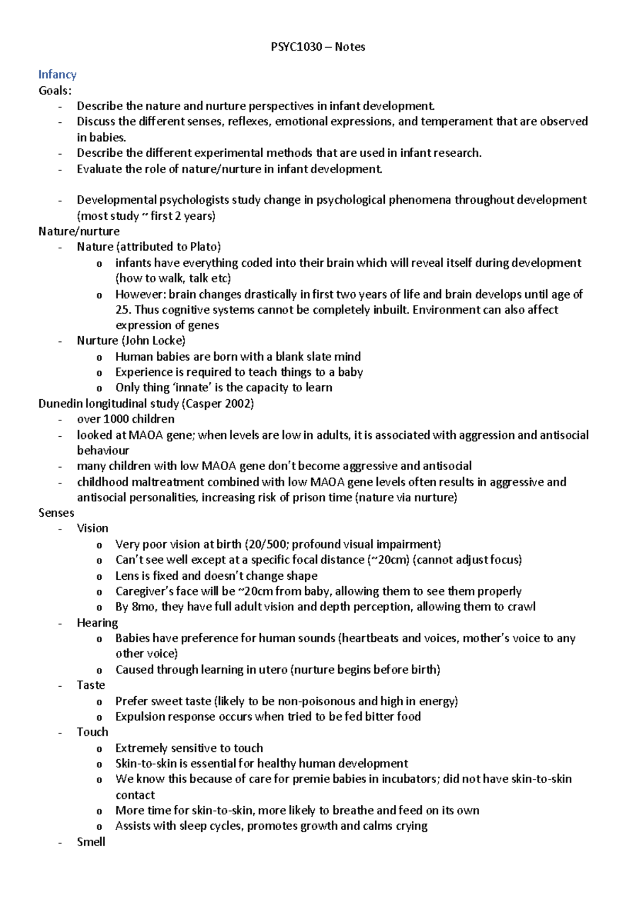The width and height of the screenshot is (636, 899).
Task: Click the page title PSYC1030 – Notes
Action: click(317, 47)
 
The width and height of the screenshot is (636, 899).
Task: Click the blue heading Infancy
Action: click(57, 75)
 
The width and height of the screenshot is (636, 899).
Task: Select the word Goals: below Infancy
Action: click(55, 91)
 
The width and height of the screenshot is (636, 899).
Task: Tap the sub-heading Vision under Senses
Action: click(92, 528)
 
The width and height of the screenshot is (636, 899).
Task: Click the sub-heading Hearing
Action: click(97, 623)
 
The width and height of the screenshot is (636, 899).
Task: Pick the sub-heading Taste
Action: click(91, 685)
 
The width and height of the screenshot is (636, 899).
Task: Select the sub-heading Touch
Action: click(92, 732)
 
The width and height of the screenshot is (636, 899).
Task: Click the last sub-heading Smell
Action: click(91, 842)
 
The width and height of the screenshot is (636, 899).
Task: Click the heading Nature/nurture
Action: click(79, 231)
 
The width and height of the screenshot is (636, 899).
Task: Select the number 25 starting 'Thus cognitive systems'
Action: click(122, 310)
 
